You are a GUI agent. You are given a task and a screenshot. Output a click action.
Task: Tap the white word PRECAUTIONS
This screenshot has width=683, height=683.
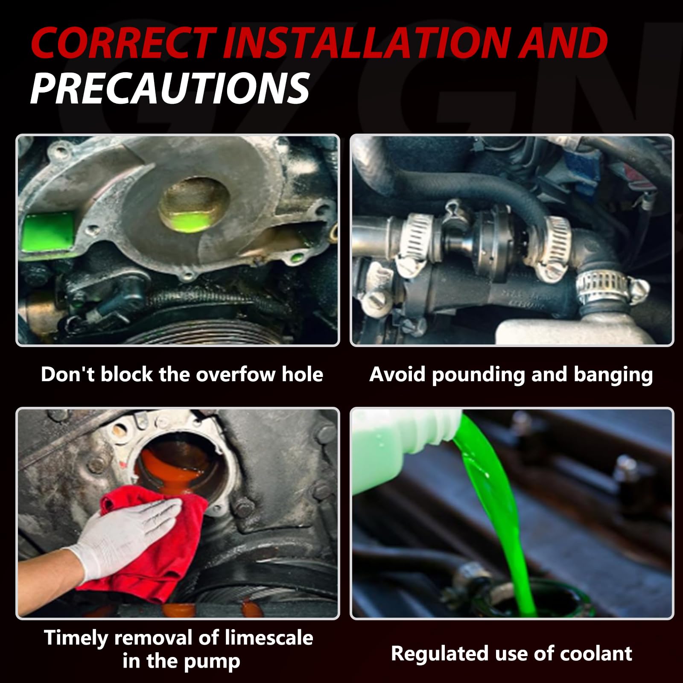pyautogui.click(x=170, y=88)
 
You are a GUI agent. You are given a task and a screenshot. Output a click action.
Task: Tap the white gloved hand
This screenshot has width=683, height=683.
pyautogui.click(x=124, y=534)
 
